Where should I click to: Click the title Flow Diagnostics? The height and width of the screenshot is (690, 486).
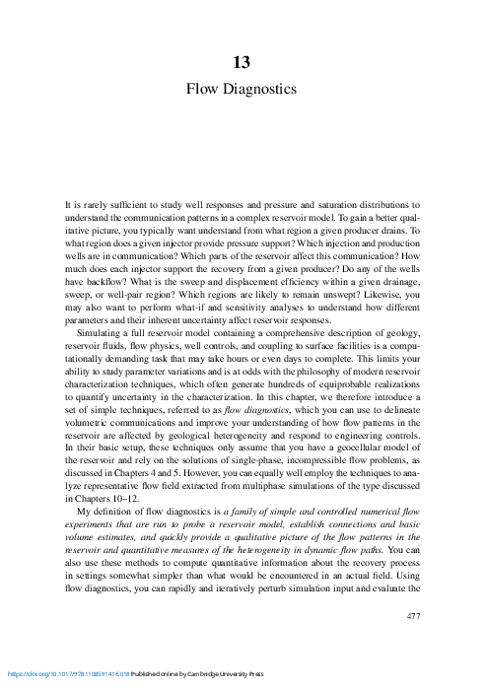pos(242,89)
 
